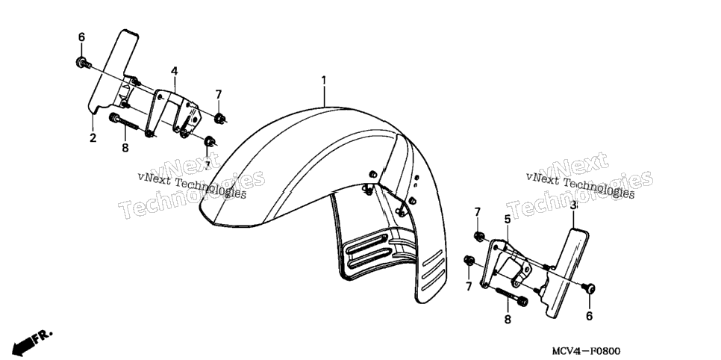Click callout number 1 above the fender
click(324, 81)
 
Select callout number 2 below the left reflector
click(93, 137)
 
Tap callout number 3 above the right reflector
click(573, 205)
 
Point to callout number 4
click(174, 71)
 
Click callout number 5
click(508, 219)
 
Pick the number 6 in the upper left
click(81, 37)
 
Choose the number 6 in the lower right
click(589, 316)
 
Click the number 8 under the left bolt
click(125, 148)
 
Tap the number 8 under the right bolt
click(508, 319)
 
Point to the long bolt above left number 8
click(124, 121)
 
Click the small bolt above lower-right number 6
click(589, 288)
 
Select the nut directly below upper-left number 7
click(220, 118)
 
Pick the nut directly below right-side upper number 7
click(478, 237)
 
